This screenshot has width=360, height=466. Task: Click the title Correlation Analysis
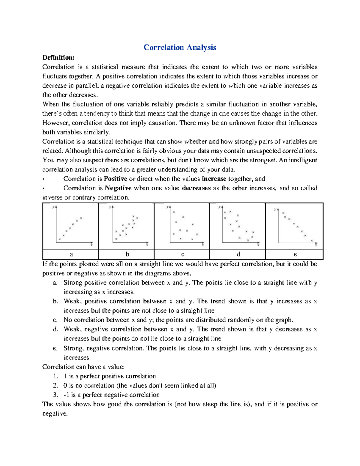[180, 47]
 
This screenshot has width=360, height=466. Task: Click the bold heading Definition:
[58, 58]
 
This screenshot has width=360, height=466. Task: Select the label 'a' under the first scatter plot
[71, 254]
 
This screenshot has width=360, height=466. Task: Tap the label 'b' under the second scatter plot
[127, 254]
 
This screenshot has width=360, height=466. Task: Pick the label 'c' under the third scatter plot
[182, 254]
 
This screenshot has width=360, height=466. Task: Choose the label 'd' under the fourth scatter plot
[238, 254]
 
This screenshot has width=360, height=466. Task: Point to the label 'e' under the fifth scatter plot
[295, 254]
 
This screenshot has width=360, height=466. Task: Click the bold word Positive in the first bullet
[115, 179]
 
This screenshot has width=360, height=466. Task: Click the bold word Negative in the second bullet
[118, 188]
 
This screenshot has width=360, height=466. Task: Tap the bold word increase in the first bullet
[214, 179]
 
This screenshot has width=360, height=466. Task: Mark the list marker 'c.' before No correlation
[55, 320]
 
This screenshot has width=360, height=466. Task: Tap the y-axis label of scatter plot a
[53, 206]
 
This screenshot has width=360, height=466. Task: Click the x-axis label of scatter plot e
[316, 245]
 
